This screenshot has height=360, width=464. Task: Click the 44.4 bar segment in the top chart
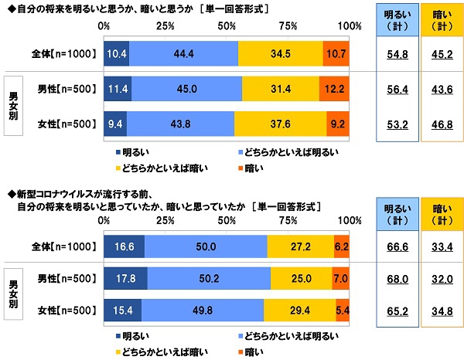point(184,54)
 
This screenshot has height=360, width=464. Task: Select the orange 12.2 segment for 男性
point(336,88)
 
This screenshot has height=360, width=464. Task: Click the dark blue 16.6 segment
point(124,246)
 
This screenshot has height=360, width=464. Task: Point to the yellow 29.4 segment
point(300,311)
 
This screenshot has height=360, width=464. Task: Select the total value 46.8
point(439,122)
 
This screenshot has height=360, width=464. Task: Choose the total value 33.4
point(439,246)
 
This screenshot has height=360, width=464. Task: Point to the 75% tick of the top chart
point(288,25)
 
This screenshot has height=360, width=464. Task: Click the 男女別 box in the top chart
point(13,105)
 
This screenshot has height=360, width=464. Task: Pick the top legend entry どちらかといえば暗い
point(150,165)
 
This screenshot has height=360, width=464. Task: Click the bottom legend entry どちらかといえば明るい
point(286,338)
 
